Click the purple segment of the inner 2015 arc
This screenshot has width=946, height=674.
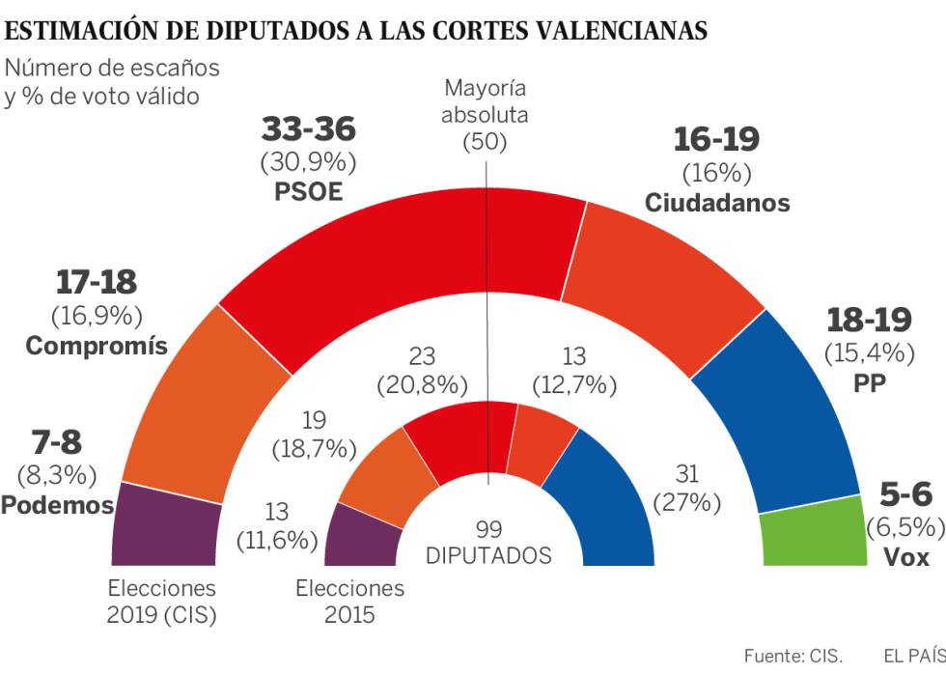pyautogui.click(x=361, y=534)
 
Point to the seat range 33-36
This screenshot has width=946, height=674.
pyautogui.click(x=309, y=129)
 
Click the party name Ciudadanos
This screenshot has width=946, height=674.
pyautogui.click(x=716, y=203)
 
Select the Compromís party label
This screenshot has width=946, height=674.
pyautogui.click(x=97, y=346)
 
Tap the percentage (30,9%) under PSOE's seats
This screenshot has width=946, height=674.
pyautogui.click(x=309, y=160)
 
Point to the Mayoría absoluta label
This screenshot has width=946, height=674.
pyautogui.click(x=486, y=101)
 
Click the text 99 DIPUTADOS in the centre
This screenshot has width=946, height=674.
pyautogui.click(x=488, y=543)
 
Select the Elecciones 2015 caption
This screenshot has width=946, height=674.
pyautogui.click(x=349, y=601)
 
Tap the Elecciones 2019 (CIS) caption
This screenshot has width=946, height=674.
pyautogui.click(x=161, y=601)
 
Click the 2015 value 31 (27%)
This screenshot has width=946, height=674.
pyautogui.click(x=688, y=488)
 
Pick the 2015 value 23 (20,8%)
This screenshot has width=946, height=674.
pyautogui.click(x=421, y=371)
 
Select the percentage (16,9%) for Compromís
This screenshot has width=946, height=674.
pyautogui.click(x=96, y=315)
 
